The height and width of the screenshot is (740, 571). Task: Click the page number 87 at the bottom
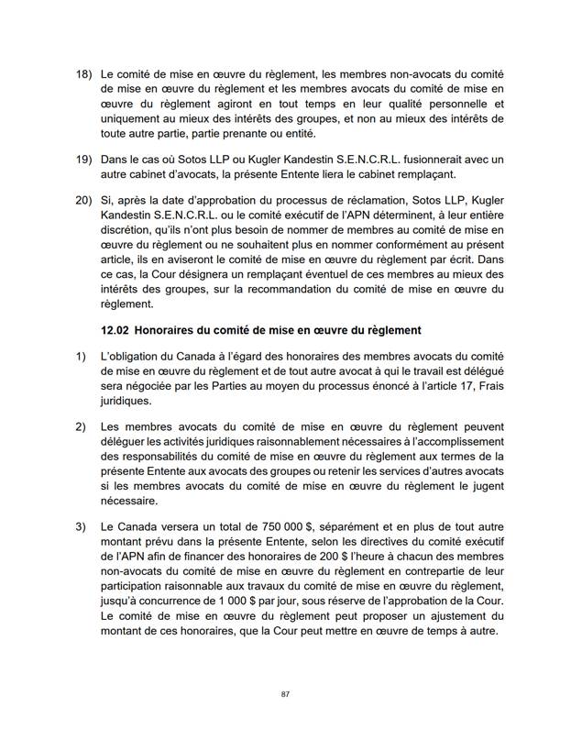pyautogui.click(x=285, y=694)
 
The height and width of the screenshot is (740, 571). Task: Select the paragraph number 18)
pyautogui.click(x=83, y=72)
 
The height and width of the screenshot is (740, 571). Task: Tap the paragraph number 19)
pyautogui.click(x=83, y=159)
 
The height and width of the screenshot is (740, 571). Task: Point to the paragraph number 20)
pyautogui.click(x=83, y=201)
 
